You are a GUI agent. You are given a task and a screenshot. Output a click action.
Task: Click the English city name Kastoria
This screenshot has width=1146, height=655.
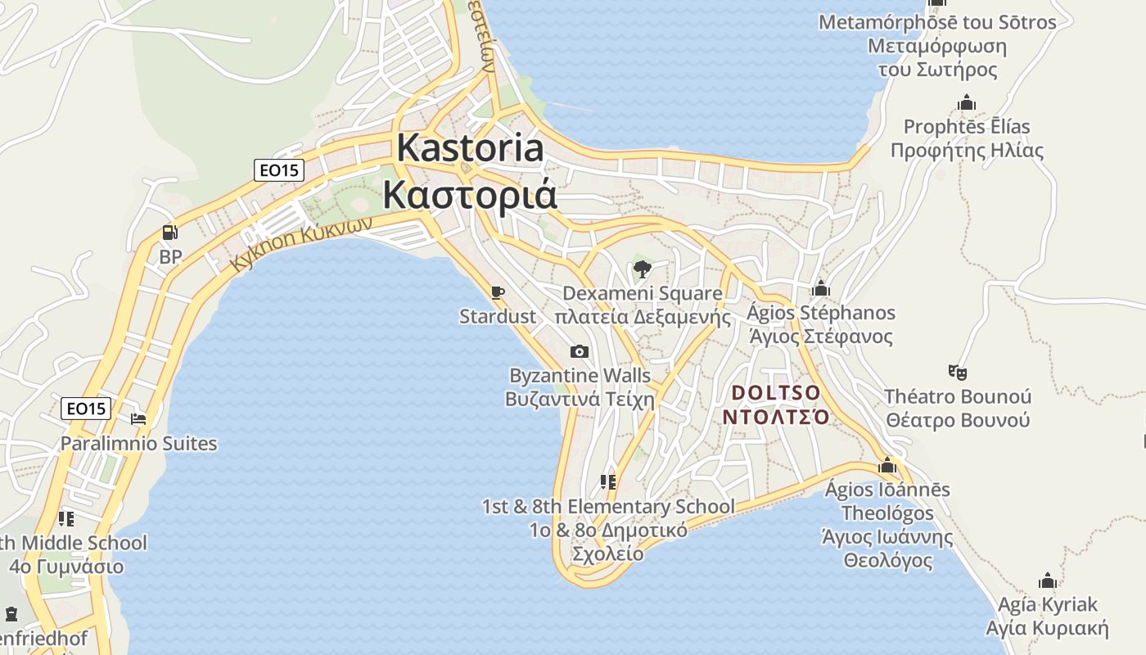click(470, 148)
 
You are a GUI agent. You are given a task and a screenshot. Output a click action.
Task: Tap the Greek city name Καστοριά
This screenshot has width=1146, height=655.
click(470, 196)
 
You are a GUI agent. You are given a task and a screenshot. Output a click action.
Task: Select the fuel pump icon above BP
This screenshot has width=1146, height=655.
click(169, 233)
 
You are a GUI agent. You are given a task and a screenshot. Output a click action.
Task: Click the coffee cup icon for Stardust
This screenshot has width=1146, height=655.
click(497, 292)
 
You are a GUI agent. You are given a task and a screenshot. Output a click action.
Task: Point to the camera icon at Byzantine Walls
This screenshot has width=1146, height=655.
click(579, 351)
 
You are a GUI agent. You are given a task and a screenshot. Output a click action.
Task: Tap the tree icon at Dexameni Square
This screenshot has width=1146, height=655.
click(643, 269)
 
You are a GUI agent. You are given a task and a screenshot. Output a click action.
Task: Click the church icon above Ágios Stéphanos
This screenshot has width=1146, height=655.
click(820, 288)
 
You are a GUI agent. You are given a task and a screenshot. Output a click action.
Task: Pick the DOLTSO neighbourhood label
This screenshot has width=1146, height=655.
click(775, 393)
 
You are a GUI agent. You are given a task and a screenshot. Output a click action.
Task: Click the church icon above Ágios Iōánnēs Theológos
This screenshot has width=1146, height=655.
click(887, 465)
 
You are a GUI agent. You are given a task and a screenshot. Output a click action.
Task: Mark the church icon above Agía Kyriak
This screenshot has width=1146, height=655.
click(1047, 580)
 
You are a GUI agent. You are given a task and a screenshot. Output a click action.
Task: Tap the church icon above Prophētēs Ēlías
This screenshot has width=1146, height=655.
click(967, 102)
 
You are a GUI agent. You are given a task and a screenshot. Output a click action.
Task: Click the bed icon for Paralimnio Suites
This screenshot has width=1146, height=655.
click(138, 419)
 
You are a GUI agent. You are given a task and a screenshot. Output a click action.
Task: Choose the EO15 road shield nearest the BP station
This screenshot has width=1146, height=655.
click(279, 170)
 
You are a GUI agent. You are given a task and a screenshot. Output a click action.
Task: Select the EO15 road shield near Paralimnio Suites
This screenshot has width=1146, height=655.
click(86, 409)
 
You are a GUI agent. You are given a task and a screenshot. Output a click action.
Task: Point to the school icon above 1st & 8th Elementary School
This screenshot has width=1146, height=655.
click(607, 481)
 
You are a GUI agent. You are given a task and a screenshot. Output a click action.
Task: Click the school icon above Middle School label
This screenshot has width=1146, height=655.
click(66, 518)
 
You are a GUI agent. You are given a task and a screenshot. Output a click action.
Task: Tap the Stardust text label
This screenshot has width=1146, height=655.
click(498, 316)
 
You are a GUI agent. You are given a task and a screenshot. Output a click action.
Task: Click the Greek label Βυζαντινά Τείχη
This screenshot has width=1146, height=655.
click(580, 400)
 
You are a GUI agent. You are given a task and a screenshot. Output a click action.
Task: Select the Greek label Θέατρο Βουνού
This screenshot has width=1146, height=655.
click(957, 421)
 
